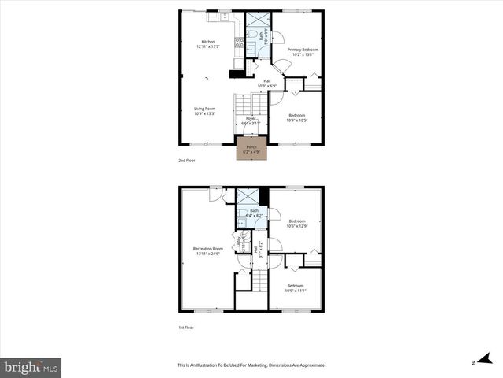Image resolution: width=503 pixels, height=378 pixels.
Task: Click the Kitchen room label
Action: pyautogui.click(x=207, y=42)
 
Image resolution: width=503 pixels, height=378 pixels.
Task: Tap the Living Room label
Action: pyautogui.click(x=204, y=109)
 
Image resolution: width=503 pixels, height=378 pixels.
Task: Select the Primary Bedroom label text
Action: pyautogui.click(x=302, y=50)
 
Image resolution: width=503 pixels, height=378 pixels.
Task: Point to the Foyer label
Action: pyautogui.click(x=251, y=118)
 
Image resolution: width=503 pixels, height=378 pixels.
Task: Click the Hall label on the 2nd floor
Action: pyautogui.click(x=267, y=81)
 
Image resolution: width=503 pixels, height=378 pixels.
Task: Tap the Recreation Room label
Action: pyautogui.click(x=208, y=250)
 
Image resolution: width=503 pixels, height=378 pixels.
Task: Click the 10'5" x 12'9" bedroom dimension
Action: pyautogui.click(x=296, y=226)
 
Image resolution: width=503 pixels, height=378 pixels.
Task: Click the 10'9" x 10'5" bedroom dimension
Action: pyautogui.click(x=296, y=120)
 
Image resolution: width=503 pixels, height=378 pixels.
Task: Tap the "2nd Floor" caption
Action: pyautogui.click(x=187, y=160)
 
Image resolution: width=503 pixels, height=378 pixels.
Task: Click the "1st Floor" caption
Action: pyautogui.click(x=186, y=327)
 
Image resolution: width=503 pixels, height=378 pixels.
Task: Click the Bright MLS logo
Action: pyautogui.click(x=31, y=367)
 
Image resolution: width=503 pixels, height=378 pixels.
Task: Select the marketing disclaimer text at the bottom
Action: pyautogui.click(x=251, y=365)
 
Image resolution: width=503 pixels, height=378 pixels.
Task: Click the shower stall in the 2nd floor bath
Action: pyautogui.click(x=255, y=19)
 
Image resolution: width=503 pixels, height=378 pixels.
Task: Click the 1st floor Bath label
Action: pyautogui.click(x=254, y=211)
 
